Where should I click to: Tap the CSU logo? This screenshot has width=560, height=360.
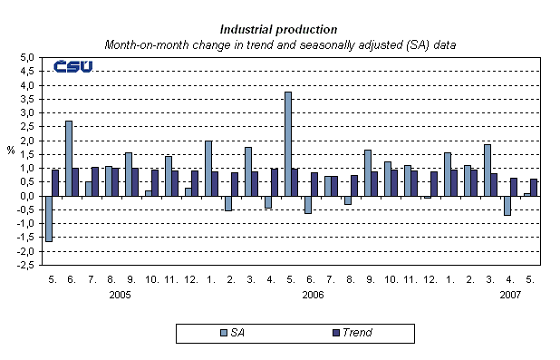72,67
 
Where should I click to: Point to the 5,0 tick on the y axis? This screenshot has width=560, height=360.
27,57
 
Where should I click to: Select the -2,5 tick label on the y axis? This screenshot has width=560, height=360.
26,266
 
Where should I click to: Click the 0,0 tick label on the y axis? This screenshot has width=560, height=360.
27,196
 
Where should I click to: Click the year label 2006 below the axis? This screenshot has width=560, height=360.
314,295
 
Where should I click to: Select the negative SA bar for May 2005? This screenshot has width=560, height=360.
48,219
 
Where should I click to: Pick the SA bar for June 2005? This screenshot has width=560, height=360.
68,158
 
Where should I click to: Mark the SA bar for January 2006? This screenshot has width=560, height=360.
208,168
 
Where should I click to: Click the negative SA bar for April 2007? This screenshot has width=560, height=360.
507,206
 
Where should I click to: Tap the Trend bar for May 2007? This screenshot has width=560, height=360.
534,188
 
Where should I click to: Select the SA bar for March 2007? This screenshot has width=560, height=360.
487,170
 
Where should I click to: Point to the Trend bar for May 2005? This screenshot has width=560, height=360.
55,182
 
